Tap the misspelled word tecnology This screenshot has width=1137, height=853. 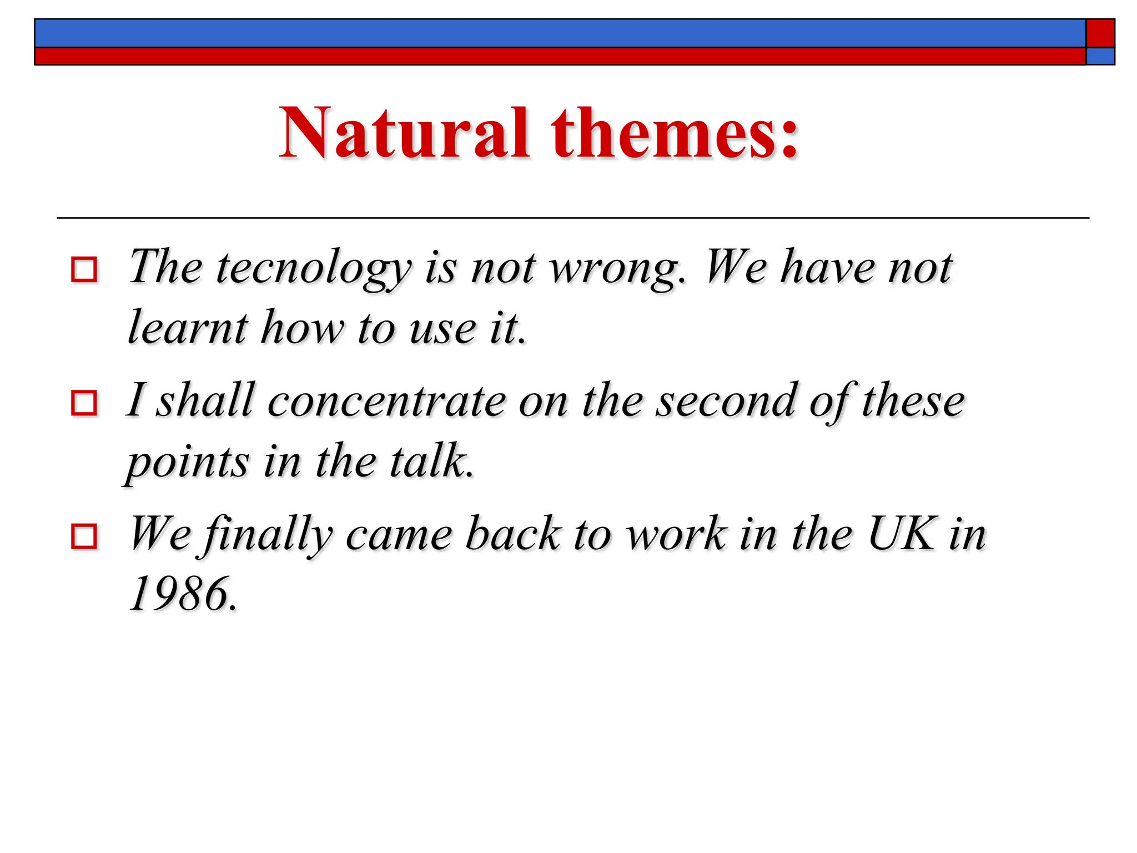coord(314,269)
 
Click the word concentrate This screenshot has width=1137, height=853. coord(386,401)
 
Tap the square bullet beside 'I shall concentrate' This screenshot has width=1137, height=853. coord(84,403)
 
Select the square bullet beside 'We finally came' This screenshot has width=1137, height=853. coord(84,536)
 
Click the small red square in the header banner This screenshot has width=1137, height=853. coord(1100,33)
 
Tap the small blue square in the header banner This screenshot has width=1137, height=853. coord(1100,56)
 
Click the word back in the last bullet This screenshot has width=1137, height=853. coord(513,534)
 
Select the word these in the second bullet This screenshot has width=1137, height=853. coord(913,401)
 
